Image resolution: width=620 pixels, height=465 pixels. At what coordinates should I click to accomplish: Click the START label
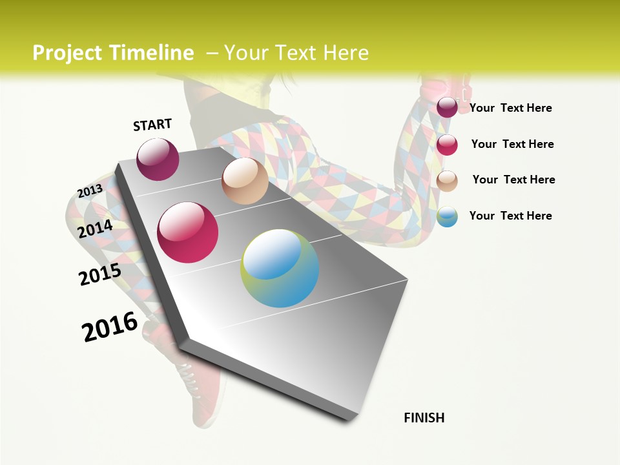tap(152, 125)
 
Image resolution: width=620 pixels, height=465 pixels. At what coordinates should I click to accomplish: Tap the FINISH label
tap(424, 418)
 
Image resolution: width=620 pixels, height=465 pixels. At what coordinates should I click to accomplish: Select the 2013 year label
tap(90, 191)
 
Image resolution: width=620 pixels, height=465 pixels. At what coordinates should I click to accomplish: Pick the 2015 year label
tap(100, 274)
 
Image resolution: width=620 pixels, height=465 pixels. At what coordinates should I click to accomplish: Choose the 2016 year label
tap(110, 327)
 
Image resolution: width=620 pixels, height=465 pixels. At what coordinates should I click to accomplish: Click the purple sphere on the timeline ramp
tap(158, 159)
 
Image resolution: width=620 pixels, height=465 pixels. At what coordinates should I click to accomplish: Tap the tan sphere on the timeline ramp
tap(245, 181)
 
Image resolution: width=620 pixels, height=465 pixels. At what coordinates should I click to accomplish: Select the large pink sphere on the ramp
tap(188, 232)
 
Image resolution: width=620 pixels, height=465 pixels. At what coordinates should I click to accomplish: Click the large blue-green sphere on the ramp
tap(280, 268)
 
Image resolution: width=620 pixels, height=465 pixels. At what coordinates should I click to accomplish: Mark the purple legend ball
tap(447, 107)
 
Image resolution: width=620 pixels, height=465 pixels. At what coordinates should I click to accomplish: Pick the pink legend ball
tap(447, 145)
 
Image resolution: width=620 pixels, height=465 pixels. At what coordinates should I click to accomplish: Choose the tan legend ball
tap(447, 181)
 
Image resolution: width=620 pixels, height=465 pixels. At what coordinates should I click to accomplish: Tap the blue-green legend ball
tap(447, 216)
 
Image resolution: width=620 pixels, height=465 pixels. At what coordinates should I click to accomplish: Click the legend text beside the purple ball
tap(510, 108)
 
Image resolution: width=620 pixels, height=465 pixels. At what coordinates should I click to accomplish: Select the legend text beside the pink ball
tap(512, 144)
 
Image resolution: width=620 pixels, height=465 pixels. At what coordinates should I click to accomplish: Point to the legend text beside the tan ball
tap(513, 180)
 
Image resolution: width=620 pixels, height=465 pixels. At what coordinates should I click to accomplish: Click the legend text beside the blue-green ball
tap(510, 216)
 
